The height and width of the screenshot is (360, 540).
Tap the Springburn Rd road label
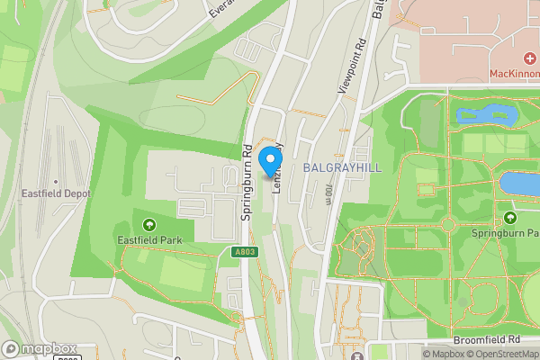[245, 184]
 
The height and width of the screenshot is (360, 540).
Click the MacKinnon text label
[515, 74]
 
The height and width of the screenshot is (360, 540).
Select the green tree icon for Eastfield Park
[148, 224]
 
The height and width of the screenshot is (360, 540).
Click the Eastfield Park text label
[148, 240]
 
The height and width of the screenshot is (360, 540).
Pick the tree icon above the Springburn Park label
[511, 218]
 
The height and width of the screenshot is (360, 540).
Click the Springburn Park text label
[506, 233]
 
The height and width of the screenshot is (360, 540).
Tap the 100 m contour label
[329, 194]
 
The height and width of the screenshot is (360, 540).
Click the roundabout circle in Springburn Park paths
[361, 240]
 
